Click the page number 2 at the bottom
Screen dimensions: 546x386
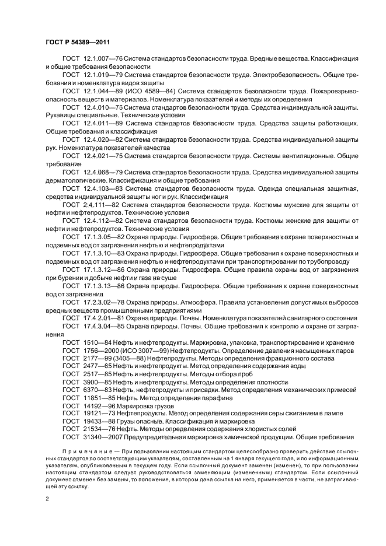(x=47, y=499)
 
